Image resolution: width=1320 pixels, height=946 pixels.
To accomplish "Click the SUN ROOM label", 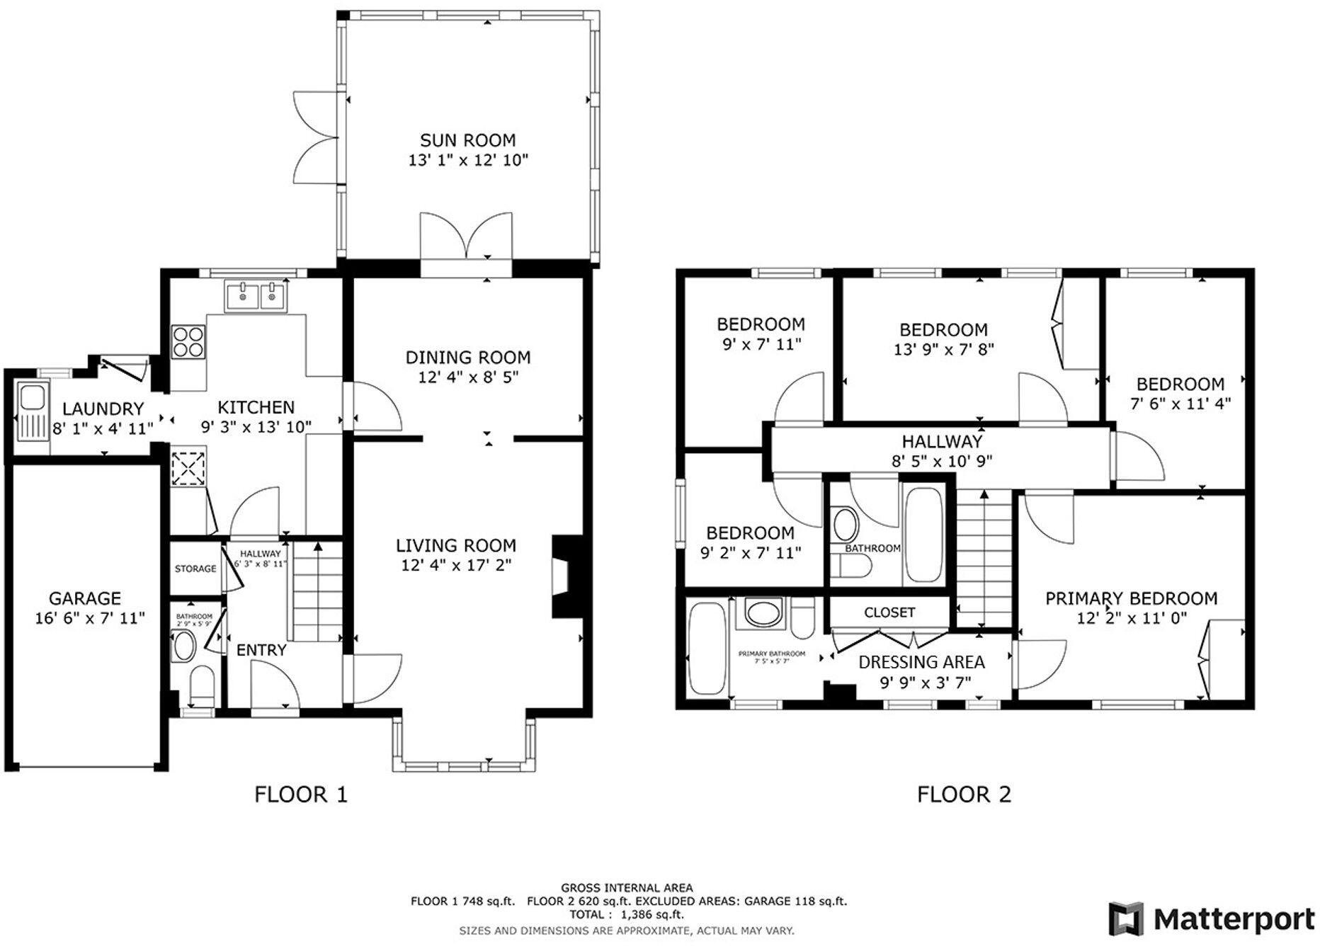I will coord(467,140).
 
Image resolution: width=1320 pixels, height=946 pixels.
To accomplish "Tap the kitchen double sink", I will coord(255,296).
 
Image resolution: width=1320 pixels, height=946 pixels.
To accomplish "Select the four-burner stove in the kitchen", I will coord(188,341).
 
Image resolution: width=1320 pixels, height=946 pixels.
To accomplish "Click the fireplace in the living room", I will coord(567,576).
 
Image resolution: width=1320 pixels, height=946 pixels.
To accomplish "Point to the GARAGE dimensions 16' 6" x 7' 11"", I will coord(90,618).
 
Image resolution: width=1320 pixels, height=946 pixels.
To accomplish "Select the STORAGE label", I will coord(195,569).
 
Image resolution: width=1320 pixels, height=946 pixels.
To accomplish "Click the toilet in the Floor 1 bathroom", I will coord(202,684).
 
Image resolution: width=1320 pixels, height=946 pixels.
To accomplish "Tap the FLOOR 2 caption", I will coord(963,794).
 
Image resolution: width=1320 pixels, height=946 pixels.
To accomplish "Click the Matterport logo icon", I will coord(1126,919).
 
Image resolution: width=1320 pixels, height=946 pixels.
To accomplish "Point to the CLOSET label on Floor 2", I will coord(889,612).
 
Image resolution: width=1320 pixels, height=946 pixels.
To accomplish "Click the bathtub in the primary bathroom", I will coord(707,648).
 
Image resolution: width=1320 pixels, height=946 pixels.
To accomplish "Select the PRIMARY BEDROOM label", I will coord(1131,598).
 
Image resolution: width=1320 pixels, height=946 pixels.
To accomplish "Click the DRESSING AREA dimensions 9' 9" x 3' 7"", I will coord(925,683).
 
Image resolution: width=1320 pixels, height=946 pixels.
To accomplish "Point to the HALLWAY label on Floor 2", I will coord(942,441).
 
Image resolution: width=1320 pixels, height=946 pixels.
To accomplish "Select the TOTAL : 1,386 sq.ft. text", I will coord(627,914).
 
